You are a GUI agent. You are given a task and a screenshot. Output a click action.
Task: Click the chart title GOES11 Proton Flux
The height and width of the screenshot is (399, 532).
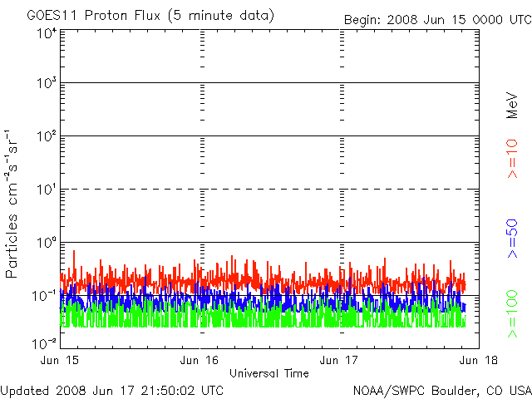(150, 16)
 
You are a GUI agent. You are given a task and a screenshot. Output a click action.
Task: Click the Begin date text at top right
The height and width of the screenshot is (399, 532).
(436, 19)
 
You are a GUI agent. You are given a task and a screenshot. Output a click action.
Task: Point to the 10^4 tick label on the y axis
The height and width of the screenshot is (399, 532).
(46, 33)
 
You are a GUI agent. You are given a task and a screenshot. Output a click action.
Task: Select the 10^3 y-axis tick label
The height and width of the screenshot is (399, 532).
(46, 84)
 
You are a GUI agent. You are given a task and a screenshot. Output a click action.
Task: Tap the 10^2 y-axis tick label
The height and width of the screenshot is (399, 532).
(46, 137)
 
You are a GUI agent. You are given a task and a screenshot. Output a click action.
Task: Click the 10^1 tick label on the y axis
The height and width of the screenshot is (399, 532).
(46, 190)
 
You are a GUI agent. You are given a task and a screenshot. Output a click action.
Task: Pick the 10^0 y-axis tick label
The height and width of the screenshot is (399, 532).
(46, 244)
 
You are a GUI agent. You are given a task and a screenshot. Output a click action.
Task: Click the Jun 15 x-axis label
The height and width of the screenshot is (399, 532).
(61, 359)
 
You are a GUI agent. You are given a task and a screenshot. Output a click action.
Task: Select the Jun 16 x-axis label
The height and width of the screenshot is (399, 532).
(200, 359)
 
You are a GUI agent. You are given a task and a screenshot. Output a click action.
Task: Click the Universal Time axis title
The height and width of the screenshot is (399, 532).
(269, 373)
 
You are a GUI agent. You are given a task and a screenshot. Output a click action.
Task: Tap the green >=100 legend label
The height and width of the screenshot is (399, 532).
(513, 314)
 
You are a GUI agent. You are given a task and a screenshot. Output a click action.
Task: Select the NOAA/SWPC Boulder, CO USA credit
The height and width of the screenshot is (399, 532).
(441, 389)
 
